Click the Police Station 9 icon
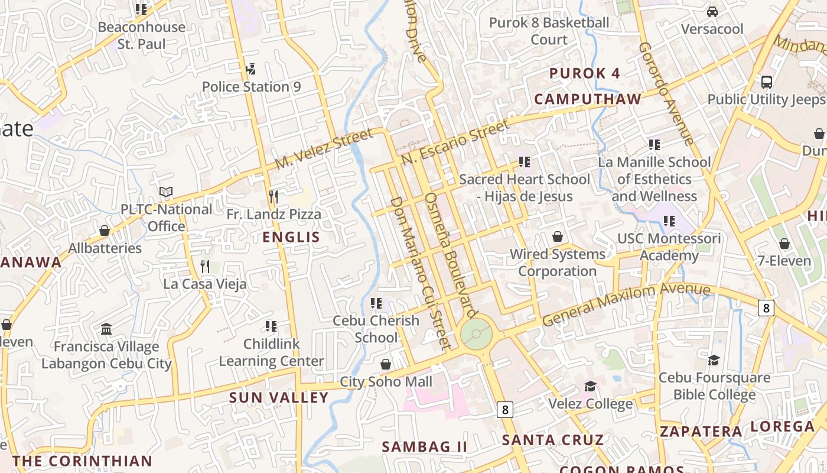[x=251, y=69]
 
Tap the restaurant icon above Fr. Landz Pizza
[x=273, y=196]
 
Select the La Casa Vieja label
[x=205, y=284]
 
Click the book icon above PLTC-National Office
[x=166, y=192]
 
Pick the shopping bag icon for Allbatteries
[x=105, y=231]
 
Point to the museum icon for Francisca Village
[x=106, y=329]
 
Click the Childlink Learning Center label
[x=271, y=352]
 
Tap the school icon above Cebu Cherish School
[x=376, y=303]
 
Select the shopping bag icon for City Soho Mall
[x=386, y=364]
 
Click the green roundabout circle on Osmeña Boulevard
[x=476, y=335]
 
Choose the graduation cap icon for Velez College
[x=590, y=387]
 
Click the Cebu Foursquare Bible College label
[x=714, y=386]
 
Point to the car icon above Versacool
[x=712, y=12]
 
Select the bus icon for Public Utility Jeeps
[x=767, y=82]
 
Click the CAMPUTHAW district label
[x=587, y=99]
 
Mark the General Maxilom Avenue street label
[x=626, y=303]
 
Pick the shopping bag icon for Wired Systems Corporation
[x=557, y=237]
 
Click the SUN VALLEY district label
[x=278, y=397]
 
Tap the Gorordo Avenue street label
[x=666, y=93]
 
